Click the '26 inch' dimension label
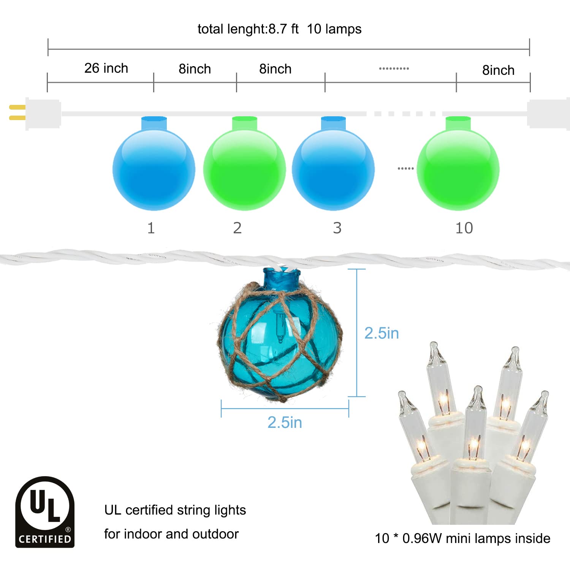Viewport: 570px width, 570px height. click(106, 68)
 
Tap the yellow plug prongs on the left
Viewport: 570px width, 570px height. click(17, 113)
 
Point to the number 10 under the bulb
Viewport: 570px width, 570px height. click(464, 228)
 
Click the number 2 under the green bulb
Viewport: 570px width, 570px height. click(237, 228)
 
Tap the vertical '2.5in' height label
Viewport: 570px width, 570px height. click(382, 333)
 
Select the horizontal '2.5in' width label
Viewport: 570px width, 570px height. click(285, 423)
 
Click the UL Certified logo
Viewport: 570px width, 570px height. click(45, 512)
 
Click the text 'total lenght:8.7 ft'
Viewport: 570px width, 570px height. click(248, 29)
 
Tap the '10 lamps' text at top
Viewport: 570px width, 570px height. click(334, 29)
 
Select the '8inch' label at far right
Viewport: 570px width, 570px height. click(498, 70)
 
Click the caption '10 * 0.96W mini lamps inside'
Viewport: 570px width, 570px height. click(462, 538)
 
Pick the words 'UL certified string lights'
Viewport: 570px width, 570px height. click(175, 510)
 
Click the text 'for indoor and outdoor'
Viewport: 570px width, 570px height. click(171, 534)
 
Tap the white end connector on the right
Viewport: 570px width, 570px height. click(547, 113)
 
